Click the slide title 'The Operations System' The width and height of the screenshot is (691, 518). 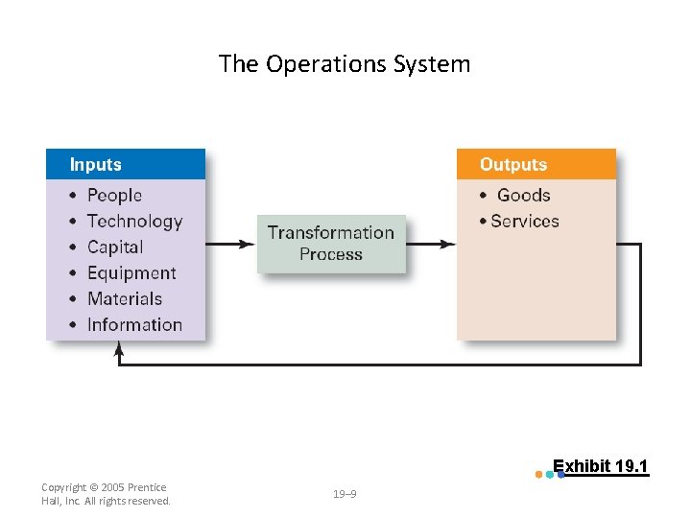[345, 64]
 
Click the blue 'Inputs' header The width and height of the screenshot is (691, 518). [125, 164]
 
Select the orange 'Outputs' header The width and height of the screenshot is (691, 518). [536, 164]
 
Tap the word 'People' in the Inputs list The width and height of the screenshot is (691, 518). [114, 196]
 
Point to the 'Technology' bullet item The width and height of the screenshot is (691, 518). [134, 222]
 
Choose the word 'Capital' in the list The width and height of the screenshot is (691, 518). [115, 247]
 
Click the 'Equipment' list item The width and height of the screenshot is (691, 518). [131, 273]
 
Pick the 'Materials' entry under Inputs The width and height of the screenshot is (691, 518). [125, 299]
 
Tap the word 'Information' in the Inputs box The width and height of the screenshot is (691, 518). [134, 325]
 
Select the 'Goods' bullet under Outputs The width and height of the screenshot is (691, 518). [523, 196]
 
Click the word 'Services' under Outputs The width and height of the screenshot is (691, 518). [524, 222]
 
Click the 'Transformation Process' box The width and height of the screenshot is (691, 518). [331, 244]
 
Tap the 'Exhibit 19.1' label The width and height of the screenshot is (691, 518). [601, 467]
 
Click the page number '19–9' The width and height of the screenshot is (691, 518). [345, 494]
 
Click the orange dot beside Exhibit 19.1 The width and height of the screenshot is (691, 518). [538, 474]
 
